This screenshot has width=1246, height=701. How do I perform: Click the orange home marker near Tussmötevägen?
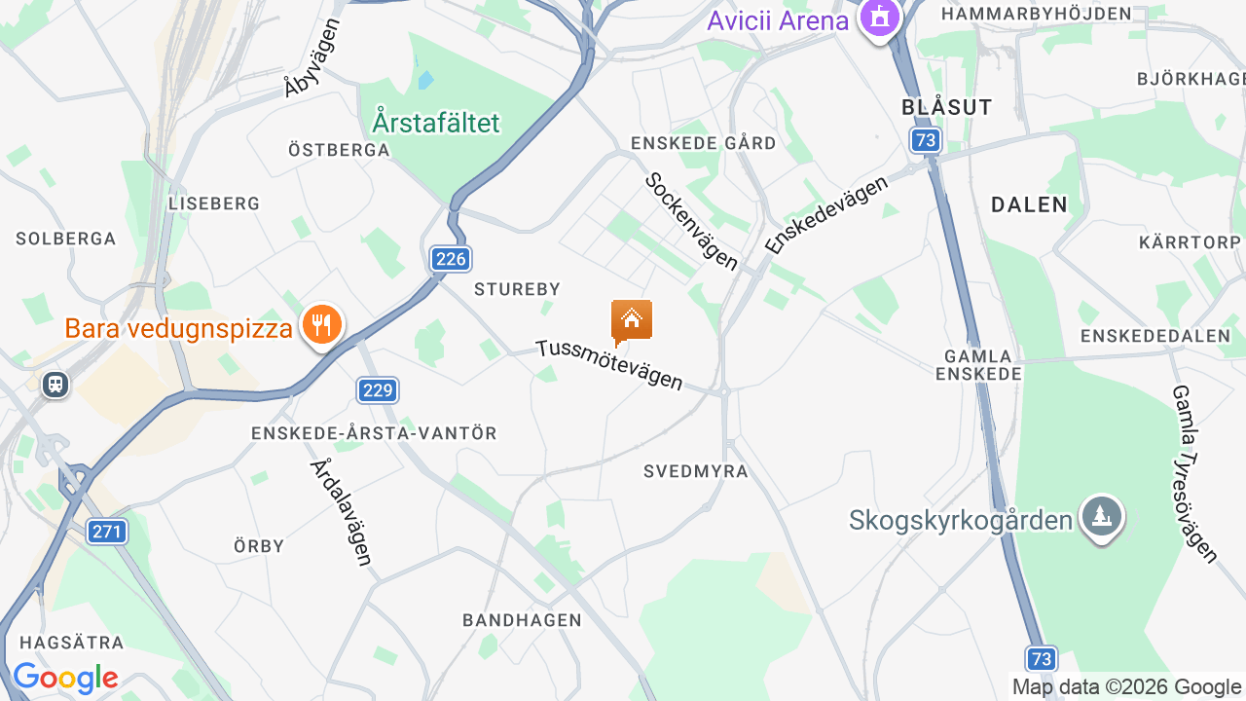(x=632, y=319)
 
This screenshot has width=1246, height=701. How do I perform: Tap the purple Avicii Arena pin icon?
(x=880, y=17)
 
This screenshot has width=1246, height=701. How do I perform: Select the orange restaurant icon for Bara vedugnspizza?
(x=321, y=324)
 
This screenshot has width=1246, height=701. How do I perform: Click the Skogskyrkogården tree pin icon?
(x=1102, y=516)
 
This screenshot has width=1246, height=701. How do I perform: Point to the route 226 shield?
(x=451, y=259)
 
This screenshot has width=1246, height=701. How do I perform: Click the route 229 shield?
(x=377, y=391)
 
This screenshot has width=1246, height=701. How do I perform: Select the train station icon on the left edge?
(x=55, y=385)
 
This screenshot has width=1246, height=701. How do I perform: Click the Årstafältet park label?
(x=435, y=123)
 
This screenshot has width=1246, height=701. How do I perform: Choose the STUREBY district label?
(x=517, y=289)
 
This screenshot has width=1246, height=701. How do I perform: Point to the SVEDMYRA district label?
(x=696, y=472)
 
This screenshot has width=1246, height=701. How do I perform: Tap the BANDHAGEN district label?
(x=522, y=620)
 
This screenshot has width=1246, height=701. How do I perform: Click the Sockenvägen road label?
(x=691, y=221)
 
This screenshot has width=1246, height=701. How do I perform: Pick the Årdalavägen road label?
(x=342, y=512)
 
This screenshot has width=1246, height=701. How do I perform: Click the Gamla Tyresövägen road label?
(x=1194, y=473)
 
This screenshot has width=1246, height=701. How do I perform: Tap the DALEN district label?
(x=1029, y=204)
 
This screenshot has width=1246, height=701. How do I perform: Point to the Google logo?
(x=65, y=678)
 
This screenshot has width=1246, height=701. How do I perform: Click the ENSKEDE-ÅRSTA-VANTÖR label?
(x=374, y=433)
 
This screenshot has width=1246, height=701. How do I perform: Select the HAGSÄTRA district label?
(x=72, y=643)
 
